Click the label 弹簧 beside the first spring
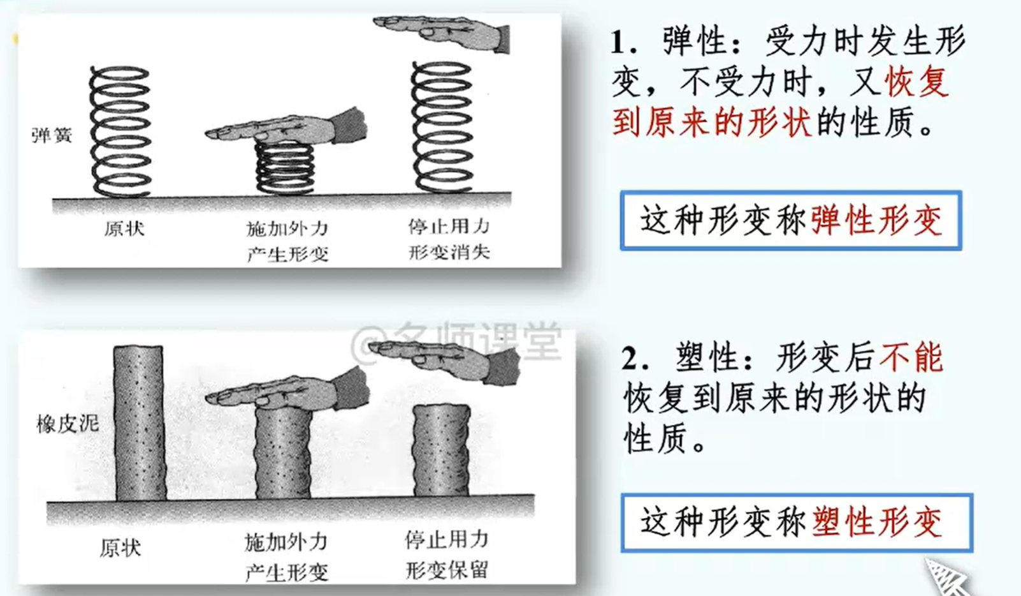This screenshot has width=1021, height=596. coord(52,135)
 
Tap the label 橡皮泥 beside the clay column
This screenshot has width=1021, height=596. coord(68,424)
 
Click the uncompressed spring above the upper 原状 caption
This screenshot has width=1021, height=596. coord(121,132)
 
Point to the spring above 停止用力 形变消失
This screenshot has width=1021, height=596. coord(442,128)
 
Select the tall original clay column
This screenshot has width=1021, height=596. coord(140,424)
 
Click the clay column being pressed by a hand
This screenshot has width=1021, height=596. coord(282,452)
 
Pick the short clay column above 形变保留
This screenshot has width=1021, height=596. coord(441,450)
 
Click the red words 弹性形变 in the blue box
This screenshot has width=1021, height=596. coord(876,220)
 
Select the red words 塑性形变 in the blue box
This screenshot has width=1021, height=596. coord(876,523)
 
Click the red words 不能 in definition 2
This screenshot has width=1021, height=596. coord(910,357)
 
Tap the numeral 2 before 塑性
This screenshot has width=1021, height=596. coord(630,359)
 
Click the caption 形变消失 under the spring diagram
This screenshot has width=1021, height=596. coord(449,252)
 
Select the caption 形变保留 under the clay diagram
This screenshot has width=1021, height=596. coord(447,570)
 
